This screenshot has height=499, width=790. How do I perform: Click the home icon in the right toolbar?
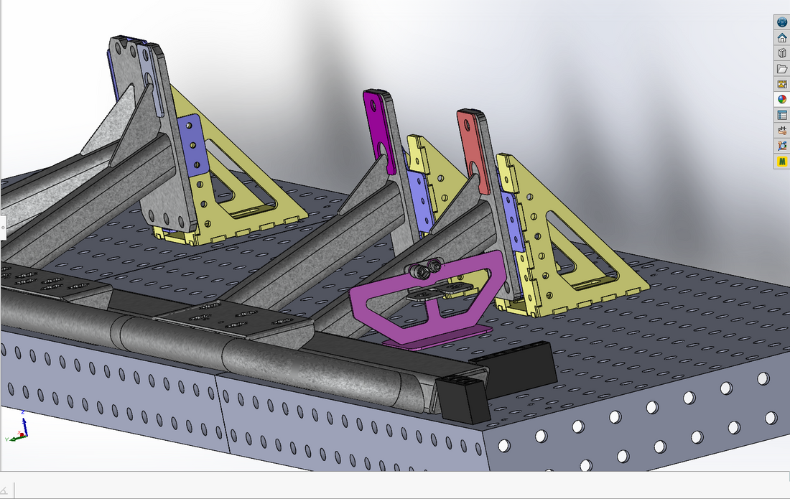point(782,38)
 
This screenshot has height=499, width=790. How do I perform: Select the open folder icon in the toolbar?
point(782,69)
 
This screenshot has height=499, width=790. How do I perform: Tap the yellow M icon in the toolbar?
point(782,162)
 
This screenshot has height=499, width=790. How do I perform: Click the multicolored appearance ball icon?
point(782,100)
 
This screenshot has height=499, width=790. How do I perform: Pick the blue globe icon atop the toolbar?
point(782,22)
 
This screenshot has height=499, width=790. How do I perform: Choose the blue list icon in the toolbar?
point(782,115)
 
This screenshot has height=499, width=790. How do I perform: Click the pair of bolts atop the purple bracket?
point(423,270)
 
